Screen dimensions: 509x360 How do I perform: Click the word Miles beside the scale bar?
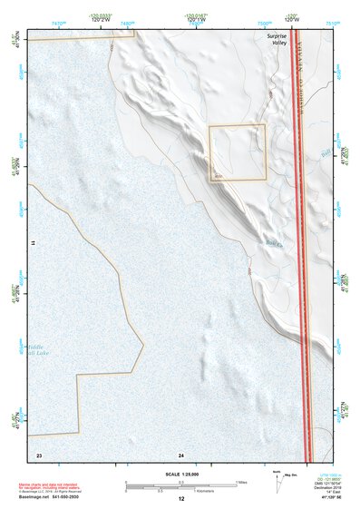pyautogui.click(x=243, y=482)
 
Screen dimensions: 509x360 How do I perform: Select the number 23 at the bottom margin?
pyautogui.click(x=39, y=454)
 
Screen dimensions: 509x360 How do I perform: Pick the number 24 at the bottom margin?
pyautogui.click(x=181, y=454)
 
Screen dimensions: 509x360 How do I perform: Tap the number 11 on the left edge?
pyautogui.click(x=31, y=245)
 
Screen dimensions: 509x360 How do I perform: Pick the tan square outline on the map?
pyautogui.click(x=238, y=152)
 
